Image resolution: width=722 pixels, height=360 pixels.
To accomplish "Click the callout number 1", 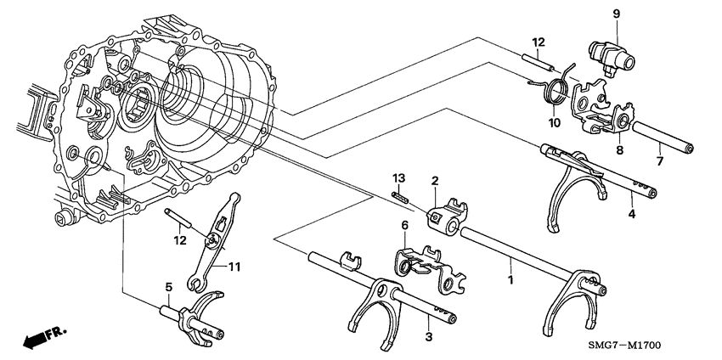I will tap(510, 278).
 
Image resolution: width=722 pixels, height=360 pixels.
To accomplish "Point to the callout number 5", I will tap(168, 288).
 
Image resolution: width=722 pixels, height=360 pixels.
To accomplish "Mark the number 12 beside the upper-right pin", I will tap(538, 42).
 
